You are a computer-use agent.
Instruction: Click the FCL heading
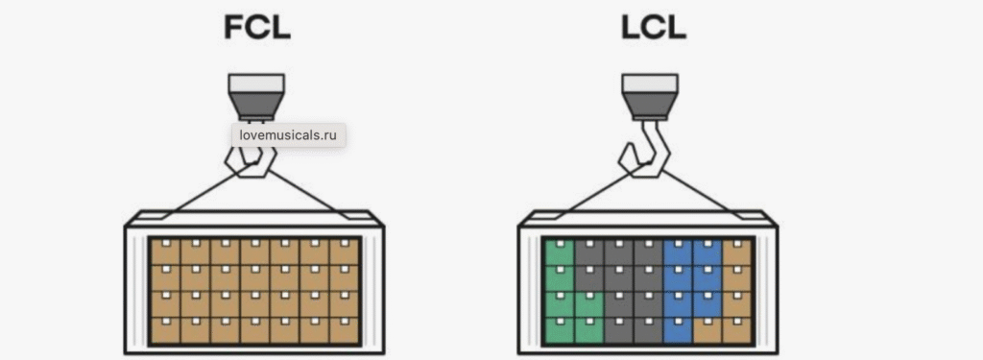pos(255,28)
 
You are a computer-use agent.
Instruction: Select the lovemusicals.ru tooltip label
pos(289,135)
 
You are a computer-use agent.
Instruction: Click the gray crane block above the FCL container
pos(255,96)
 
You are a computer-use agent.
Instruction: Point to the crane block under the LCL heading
pos(649,96)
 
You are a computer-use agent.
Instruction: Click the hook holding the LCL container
pos(643,154)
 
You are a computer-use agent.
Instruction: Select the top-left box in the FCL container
pos(166,252)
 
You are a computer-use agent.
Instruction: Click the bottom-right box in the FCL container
pos(344,330)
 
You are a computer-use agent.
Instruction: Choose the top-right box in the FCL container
pos(344,252)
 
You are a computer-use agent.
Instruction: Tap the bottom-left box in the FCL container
pos(166,330)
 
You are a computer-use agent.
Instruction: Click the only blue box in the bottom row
pos(678,330)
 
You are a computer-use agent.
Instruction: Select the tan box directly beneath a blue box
pos(707,330)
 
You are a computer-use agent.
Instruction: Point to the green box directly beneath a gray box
pos(587,304)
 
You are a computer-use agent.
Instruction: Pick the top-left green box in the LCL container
pos(558,252)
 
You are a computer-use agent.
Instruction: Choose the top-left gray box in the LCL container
pos(587,252)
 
